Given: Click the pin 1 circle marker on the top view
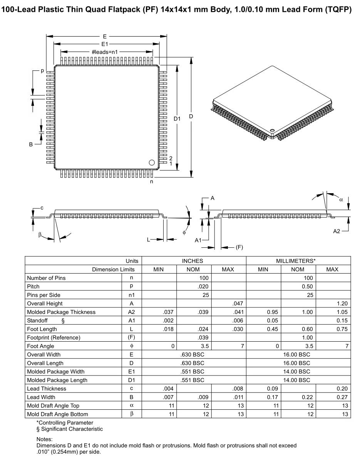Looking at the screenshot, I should pyautogui.click(x=151, y=162).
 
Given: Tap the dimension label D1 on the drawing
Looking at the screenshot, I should pyautogui.click(x=177, y=119).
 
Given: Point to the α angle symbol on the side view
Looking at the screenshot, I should pyautogui.click(x=341, y=199).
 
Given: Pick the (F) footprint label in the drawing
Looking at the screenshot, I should pyautogui.click(x=239, y=248).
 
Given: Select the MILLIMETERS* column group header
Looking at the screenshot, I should pyautogui.click(x=298, y=261).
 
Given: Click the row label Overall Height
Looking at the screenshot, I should pyautogui.click(x=45, y=304).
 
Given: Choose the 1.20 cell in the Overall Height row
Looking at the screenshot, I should pyautogui.click(x=342, y=304).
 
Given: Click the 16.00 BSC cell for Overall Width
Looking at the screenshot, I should pyautogui.click(x=298, y=354).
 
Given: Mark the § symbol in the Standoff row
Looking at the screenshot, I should pyautogui.click(x=63, y=320).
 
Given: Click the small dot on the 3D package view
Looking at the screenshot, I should pyautogui.click(x=272, y=130).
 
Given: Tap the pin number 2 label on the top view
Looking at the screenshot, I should pyautogui.click(x=170, y=158).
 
